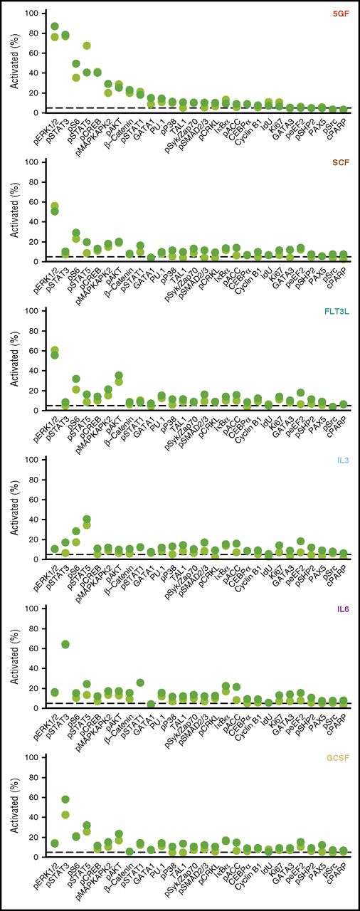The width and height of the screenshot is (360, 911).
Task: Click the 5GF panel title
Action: click(x=341, y=13)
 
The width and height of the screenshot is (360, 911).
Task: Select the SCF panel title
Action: click(x=341, y=162)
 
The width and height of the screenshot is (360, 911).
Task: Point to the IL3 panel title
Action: click(x=344, y=460)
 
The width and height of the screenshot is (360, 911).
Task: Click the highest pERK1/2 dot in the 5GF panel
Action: click(x=55, y=26)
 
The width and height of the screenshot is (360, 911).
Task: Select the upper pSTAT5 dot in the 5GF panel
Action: click(x=87, y=46)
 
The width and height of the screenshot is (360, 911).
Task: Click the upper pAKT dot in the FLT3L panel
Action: click(x=119, y=376)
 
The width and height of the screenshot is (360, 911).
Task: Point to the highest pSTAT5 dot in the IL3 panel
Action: click(x=87, y=520)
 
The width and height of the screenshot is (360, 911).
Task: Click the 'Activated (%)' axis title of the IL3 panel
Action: click(x=14, y=510)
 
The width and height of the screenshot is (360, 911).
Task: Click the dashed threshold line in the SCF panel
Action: click(x=213, y=256)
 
